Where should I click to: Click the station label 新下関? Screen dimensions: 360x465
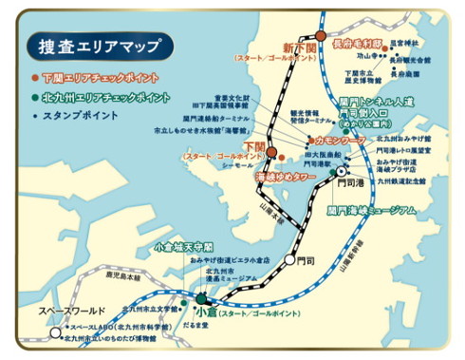click(x=298, y=47)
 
